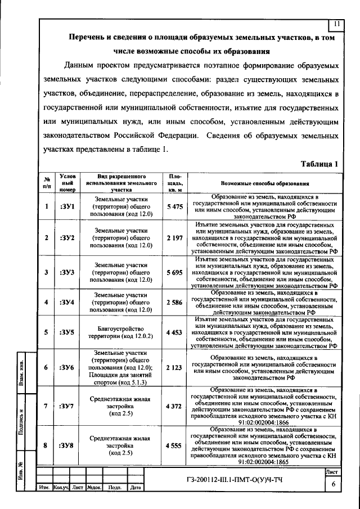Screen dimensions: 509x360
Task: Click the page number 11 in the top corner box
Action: click(x=336, y=24)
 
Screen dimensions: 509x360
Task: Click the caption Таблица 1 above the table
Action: click(x=319, y=164)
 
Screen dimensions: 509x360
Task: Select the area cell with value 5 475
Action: click(x=175, y=207)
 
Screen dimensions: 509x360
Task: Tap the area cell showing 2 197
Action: click(x=175, y=238)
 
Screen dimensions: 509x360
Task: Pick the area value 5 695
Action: click(x=175, y=272)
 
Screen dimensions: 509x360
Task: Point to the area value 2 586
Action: click(x=175, y=303)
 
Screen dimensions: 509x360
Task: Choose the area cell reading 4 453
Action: click(x=175, y=332)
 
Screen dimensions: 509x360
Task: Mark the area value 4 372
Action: click(x=175, y=406)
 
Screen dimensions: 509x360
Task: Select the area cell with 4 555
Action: click(x=175, y=445)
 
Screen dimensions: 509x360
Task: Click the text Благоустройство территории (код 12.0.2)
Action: click(x=121, y=332)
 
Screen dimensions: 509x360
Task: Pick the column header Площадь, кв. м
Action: click(x=175, y=183)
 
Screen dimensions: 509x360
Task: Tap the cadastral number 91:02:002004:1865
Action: click(x=264, y=461)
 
